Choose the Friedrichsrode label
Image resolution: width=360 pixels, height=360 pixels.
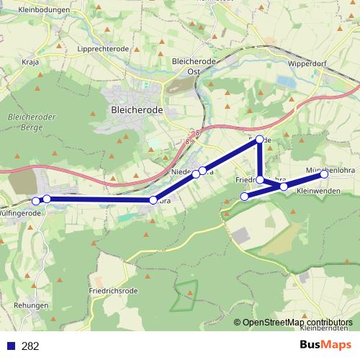click(x=114, y=290)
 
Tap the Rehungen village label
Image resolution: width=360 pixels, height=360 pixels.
click(x=31, y=305)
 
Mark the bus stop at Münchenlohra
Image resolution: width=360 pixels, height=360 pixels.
click(x=324, y=174)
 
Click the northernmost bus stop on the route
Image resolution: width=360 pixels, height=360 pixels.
click(x=259, y=140)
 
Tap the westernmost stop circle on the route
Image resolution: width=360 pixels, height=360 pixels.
click(x=36, y=200)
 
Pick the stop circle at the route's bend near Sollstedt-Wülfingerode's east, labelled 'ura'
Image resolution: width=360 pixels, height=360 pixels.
click(x=153, y=199)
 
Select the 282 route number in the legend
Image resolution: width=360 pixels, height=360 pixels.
click(x=30, y=346)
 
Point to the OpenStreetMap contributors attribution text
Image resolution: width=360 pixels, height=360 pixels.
click(x=299, y=323)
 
